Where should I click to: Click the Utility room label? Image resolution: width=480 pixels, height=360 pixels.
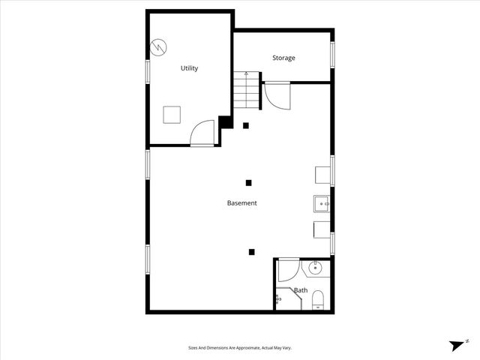click(x=189, y=68)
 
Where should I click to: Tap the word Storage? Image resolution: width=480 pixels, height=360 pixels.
click(x=283, y=58)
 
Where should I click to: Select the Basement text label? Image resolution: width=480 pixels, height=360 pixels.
click(x=242, y=203)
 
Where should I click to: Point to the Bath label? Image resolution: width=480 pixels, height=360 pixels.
click(x=301, y=290)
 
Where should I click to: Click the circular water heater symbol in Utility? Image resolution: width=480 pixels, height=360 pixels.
click(x=160, y=47)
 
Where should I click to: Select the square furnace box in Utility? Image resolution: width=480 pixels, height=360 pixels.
click(x=172, y=115)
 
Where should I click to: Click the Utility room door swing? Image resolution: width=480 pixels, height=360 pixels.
click(x=202, y=133)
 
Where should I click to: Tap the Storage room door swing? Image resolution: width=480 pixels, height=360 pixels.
click(x=275, y=96)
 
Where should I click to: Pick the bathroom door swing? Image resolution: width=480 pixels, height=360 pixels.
click(x=289, y=270)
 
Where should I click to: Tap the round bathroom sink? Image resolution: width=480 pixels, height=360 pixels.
click(x=316, y=266)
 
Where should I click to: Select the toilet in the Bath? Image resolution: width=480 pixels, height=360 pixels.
click(x=316, y=301)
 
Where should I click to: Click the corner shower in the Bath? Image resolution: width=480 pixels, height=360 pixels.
click(x=285, y=299)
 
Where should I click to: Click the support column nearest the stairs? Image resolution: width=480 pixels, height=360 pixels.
click(x=245, y=125)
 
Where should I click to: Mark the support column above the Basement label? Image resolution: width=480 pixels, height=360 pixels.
click(x=249, y=182)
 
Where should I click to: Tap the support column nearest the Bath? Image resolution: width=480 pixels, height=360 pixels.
click(x=253, y=252)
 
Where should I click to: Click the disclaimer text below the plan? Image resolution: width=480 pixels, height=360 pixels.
click(x=240, y=348)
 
